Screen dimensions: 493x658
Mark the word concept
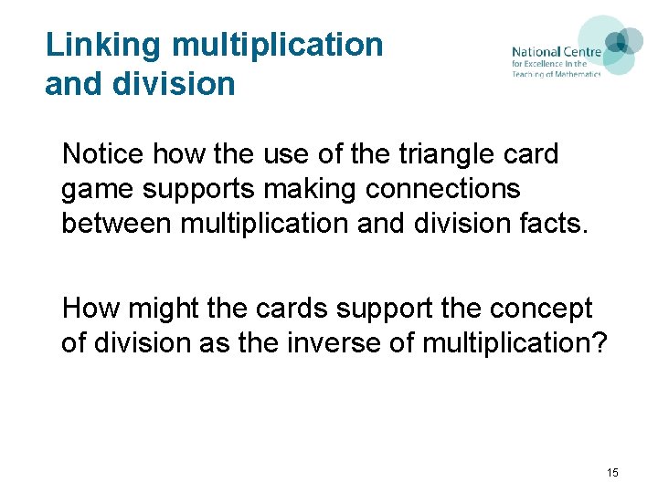coord(539,309)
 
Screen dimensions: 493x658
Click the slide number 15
coord(612,472)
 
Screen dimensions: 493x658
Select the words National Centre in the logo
coord(556,52)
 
